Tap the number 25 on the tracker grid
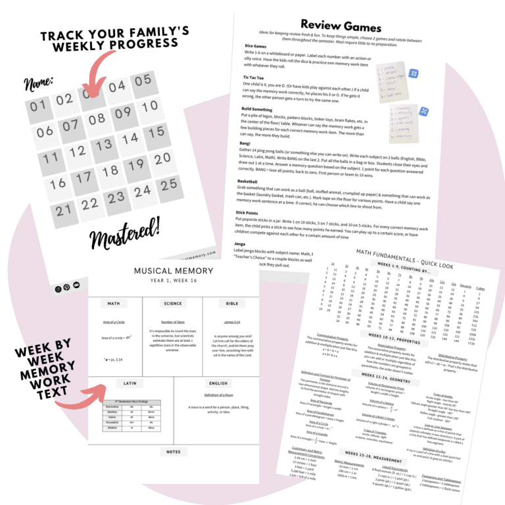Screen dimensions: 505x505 click(169, 184)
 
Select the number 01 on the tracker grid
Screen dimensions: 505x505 click(37, 106)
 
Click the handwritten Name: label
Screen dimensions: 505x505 click(40, 83)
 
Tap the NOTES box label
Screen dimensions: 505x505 click(174, 451)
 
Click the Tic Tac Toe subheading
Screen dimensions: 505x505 click(258, 78)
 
